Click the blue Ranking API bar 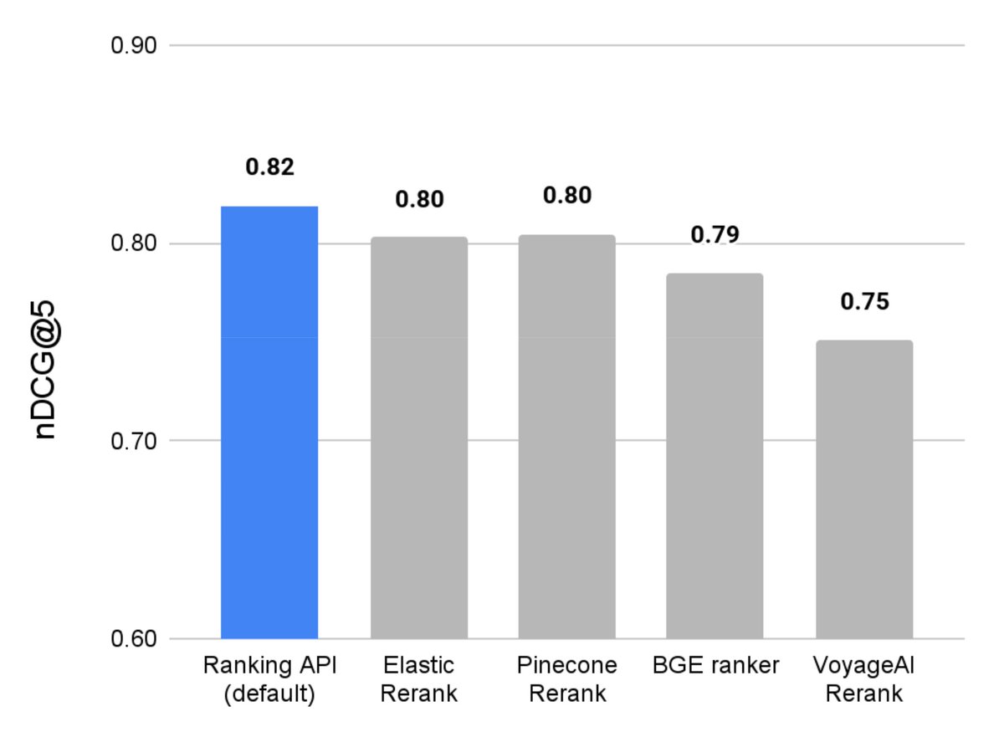(269, 422)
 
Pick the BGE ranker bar (715, 456)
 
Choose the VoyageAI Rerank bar (863, 489)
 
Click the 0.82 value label (269, 167)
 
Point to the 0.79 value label (715, 234)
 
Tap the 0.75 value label (864, 302)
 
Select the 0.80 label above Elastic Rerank (419, 200)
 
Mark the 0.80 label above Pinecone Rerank (566, 196)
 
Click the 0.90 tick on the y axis (134, 45)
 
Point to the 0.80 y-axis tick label (134, 244)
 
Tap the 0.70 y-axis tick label (134, 441)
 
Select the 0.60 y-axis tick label (134, 639)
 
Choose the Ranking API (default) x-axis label (269, 679)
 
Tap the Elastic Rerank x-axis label (419, 679)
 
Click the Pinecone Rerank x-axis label (566, 679)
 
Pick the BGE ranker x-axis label (715, 666)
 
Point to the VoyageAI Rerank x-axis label (863, 679)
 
